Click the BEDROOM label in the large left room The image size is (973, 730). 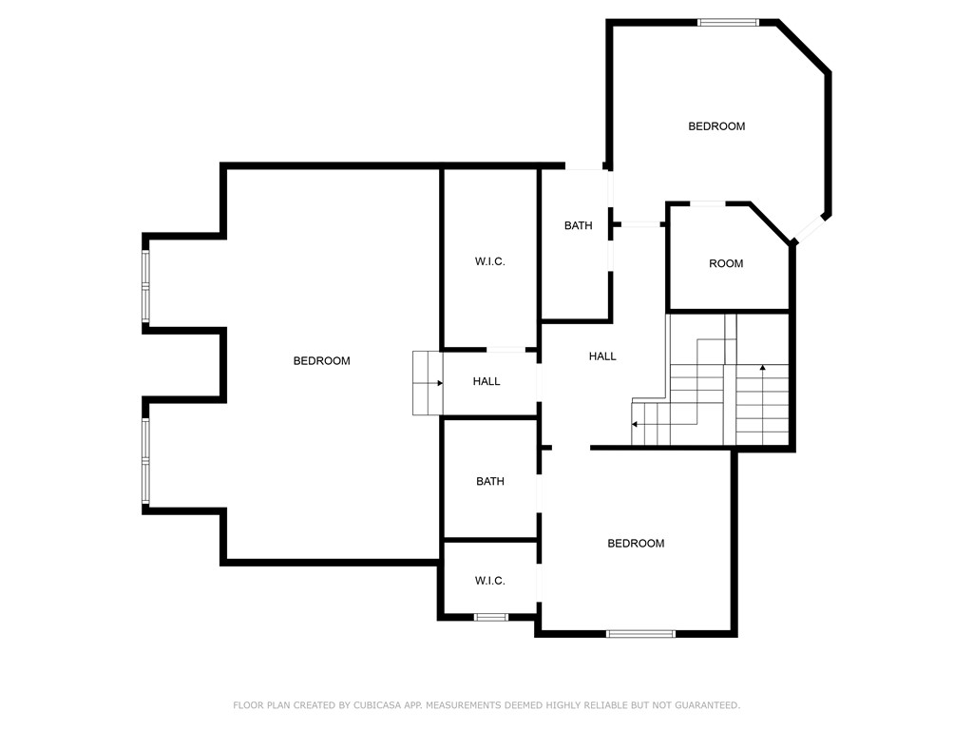321,361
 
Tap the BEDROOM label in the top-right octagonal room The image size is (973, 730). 716,126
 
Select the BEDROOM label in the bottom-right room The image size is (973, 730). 636,544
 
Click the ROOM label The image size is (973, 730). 726,264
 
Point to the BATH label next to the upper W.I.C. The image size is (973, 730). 578,226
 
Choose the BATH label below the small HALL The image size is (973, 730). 490,482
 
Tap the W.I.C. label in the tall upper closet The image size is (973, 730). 489,261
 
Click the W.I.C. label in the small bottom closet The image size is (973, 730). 489,581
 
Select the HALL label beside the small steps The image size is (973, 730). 486,382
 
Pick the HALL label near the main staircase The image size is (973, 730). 602,356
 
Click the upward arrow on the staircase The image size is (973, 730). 763,368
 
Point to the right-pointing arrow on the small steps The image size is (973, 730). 438,383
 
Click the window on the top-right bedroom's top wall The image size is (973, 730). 729,22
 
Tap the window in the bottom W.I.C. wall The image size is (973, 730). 491,618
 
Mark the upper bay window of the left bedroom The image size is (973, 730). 146,283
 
